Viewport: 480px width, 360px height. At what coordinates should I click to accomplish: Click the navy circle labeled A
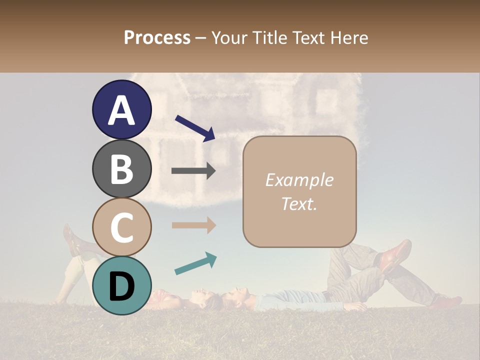(x=122, y=110)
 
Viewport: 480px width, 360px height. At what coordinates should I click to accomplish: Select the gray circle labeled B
(x=122, y=168)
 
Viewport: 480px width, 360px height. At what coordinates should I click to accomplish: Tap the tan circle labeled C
(x=122, y=227)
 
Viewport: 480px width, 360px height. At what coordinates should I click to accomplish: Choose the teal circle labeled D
(x=122, y=285)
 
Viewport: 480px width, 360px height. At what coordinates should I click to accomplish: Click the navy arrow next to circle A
(x=195, y=128)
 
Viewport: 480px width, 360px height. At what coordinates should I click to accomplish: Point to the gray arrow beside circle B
(x=193, y=171)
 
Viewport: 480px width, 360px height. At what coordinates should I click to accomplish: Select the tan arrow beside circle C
(x=193, y=225)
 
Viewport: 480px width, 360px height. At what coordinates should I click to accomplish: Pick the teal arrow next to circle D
(x=195, y=263)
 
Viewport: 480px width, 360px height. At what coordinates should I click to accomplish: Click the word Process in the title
(x=157, y=37)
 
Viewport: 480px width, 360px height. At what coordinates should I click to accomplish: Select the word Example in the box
(x=299, y=180)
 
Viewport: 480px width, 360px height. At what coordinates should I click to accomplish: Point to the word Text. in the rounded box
(x=299, y=204)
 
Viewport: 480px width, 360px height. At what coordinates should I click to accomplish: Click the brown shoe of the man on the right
(x=395, y=255)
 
